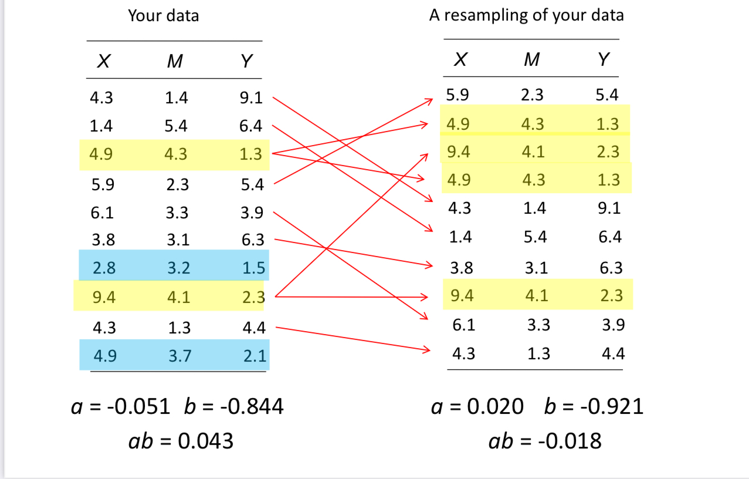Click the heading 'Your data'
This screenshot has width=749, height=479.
tap(163, 16)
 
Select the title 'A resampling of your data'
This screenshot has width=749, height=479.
tap(526, 15)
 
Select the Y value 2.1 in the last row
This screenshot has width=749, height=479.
tap(254, 355)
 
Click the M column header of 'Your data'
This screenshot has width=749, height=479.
tap(174, 61)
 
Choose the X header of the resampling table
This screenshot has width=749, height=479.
tap(460, 59)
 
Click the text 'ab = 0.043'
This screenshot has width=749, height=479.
tap(181, 441)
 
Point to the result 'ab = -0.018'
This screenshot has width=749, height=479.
tap(545, 441)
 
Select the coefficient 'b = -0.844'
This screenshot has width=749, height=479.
tap(233, 406)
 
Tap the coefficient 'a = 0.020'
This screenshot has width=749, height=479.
tap(477, 406)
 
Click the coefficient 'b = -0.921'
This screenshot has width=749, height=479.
tap(594, 406)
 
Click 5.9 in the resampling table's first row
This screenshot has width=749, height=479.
tap(457, 95)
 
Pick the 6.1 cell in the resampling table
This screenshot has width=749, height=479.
tap(463, 325)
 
